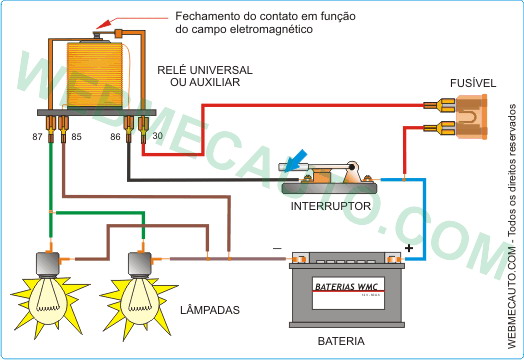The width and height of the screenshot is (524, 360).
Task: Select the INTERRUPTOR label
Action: click(331, 207)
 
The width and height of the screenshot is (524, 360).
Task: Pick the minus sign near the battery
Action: click(277, 247)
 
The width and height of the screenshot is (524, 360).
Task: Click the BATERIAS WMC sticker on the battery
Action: click(347, 284)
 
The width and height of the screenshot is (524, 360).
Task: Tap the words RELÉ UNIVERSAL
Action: click(204, 70)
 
